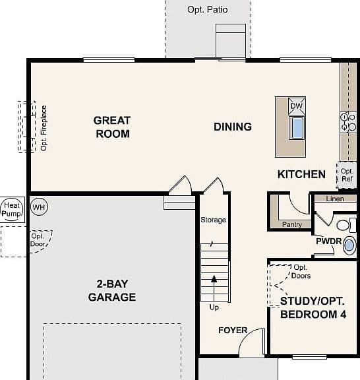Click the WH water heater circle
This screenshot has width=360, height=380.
point(39,206)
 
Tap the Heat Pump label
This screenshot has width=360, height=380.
point(11,209)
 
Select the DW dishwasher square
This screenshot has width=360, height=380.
point(297,106)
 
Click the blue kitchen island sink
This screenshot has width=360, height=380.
point(297,127)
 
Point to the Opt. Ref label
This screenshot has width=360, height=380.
point(347,175)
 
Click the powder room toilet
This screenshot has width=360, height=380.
point(346,225)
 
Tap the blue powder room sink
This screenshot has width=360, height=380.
point(349,245)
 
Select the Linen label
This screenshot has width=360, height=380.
point(335,199)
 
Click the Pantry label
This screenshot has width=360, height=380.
point(292,224)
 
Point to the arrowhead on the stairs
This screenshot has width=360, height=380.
point(214,279)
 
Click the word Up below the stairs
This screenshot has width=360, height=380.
point(214,307)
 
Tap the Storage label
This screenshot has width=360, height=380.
point(213,220)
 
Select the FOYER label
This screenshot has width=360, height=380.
point(233,330)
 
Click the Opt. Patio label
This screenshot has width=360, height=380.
point(208,10)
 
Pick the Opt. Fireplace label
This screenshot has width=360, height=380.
point(44,128)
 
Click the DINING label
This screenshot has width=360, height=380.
point(233,127)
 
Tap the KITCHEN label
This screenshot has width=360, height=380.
point(301,174)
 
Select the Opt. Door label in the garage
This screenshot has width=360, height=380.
point(38,240)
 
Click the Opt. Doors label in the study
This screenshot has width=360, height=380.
point(301,271)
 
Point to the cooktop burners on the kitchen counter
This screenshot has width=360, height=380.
point(348,122)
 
